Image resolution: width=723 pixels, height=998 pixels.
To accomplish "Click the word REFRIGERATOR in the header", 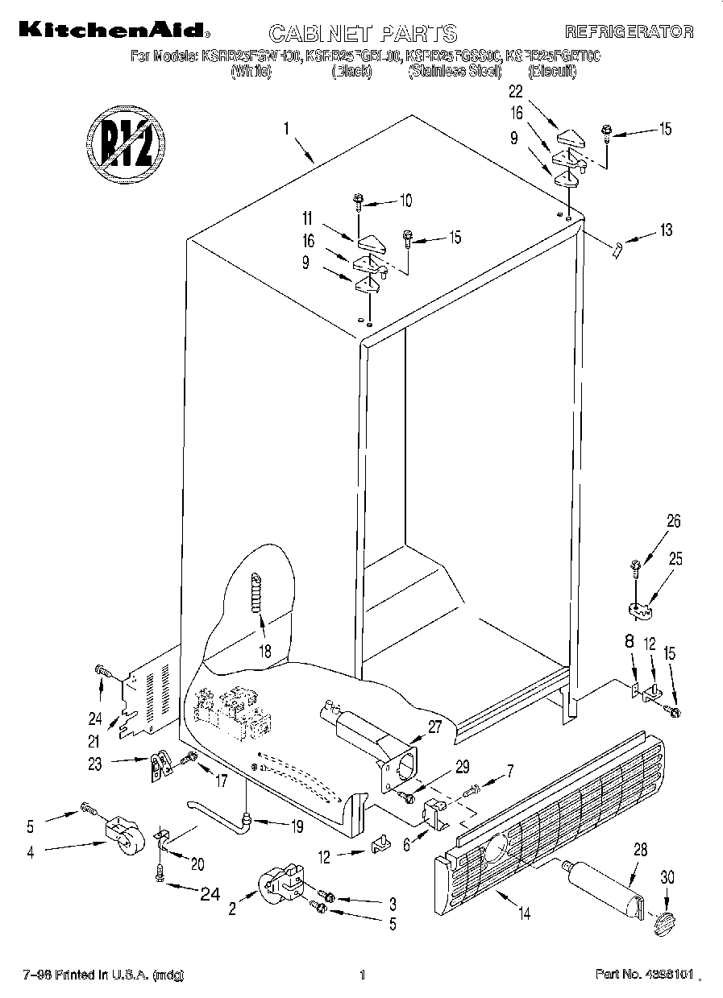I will (x=629, y=32).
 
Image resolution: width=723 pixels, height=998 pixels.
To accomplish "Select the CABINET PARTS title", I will (x=362, y=33).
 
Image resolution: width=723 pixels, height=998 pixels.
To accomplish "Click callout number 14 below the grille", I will (x=524, y=913).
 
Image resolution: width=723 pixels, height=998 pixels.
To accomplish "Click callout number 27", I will (x=434, y=727).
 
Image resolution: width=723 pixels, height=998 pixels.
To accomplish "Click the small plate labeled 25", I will (x=641, y=613).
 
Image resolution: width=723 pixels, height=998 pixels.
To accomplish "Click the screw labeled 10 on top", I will (x=357, y=201).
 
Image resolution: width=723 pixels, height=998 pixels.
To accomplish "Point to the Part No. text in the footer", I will (x=643, y=975).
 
